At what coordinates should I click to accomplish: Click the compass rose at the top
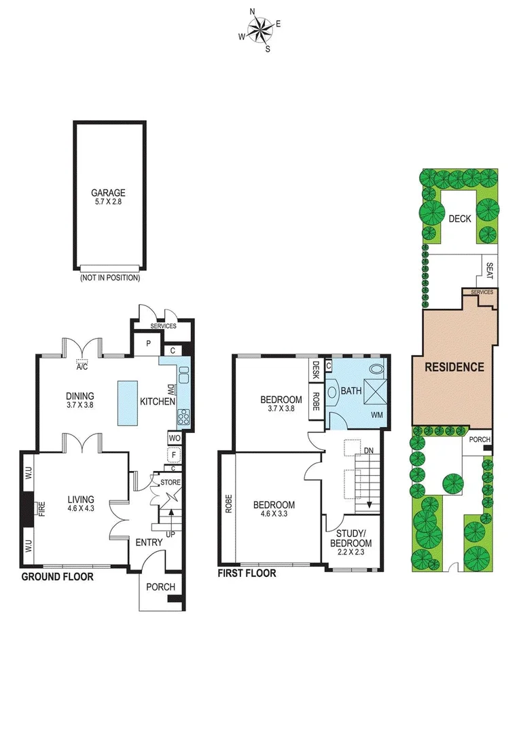[x=259, y=30]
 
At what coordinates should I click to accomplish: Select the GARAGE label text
[x=109, y=193]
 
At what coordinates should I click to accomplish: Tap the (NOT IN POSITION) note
[x=109, y=278]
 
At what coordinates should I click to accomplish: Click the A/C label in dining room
[x=82, y=367]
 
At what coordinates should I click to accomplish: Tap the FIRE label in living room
[x=41, y=509]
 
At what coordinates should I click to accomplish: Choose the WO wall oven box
[x=174, y=438]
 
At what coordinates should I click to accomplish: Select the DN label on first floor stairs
[x=368, y=451]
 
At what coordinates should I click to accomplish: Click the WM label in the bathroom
[x=376, y=414]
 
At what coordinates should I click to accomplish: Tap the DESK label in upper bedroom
[x=315, y=370]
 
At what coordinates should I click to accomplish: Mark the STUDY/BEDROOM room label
[x=351, y=539]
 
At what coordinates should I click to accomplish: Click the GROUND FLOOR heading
[x=57, y=577]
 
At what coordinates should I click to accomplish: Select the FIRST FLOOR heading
[x=247, y=574]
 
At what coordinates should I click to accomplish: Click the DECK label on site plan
[x=460, y=219]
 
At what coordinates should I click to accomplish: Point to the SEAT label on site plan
[x=489, y=271]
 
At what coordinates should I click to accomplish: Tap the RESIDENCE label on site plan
[x=454, y=367]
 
